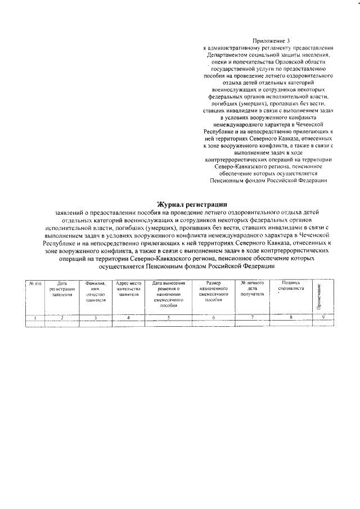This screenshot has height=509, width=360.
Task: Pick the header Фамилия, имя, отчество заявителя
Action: (96, 292)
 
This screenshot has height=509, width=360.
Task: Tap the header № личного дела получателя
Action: (252, 289)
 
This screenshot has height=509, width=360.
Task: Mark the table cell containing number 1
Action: (35, 318)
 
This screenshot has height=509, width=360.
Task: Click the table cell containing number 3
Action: (96, 318)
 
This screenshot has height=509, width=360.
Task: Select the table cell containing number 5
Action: (168, 318)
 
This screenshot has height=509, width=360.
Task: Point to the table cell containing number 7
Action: (252, 318)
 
